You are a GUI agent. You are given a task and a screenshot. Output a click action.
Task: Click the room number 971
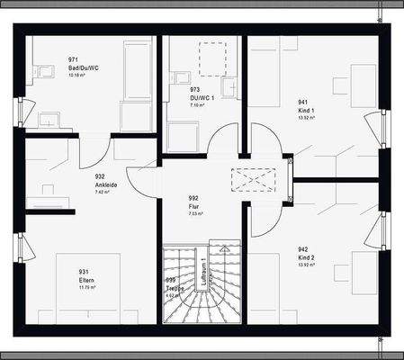click(x=74, y=58)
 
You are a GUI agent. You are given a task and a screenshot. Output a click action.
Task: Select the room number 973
click(x=194, y=90)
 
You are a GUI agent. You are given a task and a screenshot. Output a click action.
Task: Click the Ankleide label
click(x=107, y=184)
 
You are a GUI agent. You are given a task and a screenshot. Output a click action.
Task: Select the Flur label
click(x=193, y=206)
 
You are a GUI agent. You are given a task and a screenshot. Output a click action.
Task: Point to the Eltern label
click(x=88, y=279)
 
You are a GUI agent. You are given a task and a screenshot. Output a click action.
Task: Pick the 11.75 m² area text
click(x=89, y=287)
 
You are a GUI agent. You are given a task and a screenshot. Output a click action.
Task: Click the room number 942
click(x=303, y=247)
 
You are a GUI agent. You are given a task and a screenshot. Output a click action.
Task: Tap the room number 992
click(x=193, y=198)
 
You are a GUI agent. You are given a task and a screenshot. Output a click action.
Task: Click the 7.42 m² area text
click(x=102, y=192)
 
